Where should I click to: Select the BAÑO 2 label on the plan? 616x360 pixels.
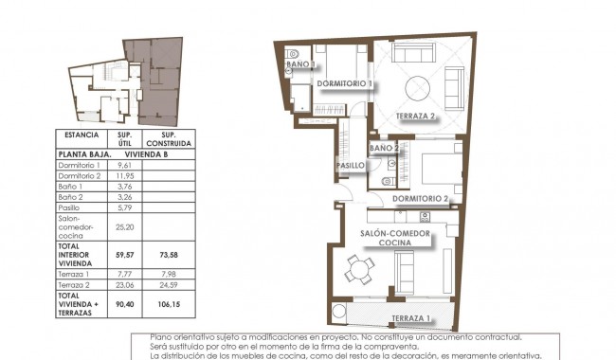[x=385, y=149]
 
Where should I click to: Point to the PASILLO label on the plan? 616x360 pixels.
[x=352, y=166]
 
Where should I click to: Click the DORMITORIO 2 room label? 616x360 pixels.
[x=420, y=198]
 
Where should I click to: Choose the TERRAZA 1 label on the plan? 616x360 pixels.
[x=411, y=317]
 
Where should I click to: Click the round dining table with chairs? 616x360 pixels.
[x=358, y=270]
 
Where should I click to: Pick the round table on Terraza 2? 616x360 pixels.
[x=419, y=91]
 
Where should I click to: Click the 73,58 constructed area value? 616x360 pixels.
[x=171, y=254]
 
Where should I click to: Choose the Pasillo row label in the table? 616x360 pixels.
[x=69, y=207]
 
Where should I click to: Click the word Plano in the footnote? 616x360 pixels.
[x=161, y=337]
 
